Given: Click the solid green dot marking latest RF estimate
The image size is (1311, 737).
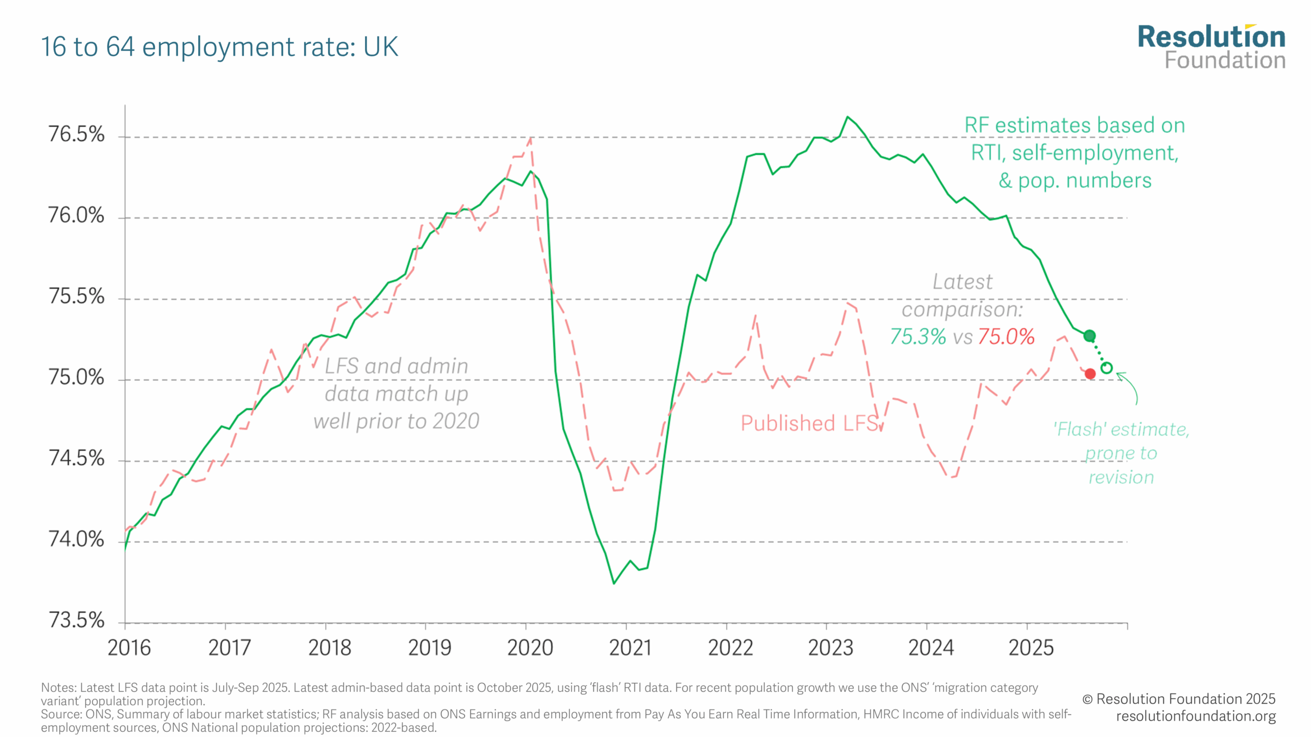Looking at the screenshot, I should (x=1089, y=336).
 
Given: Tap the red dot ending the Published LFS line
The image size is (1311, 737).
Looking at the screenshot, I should (x=1090, y=374).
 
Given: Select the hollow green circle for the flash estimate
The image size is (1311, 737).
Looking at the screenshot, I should (x=1106, y=368).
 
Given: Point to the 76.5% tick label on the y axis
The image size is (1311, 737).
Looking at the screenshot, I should (x=76, y=134).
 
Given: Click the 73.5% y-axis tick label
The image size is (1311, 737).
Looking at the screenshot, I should (x=76, y=620).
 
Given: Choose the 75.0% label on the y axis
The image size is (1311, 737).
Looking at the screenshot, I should (x=76, y=377).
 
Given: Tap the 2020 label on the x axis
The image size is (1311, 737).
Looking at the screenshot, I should (x=530, y=648).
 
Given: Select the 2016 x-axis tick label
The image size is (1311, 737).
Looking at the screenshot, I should (x=129, y=648).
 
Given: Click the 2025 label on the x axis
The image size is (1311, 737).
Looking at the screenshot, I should (x=1031, y=648).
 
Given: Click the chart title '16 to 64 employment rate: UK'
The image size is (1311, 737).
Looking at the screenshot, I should (x=219, y=47).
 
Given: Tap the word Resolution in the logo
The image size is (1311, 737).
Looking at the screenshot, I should (x=1211, y=37).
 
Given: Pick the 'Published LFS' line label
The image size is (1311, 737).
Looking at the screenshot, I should (x=810, y=423).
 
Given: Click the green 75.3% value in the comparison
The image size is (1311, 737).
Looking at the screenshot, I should (x=918, y=337).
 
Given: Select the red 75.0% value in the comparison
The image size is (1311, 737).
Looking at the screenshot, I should (x=1006, y=337).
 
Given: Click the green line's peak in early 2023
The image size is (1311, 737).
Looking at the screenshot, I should (x=848, y=117).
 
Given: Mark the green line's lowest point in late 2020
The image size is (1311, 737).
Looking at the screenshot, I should (x=614, y=583).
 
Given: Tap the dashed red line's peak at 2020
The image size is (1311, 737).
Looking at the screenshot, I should (x=531, y=138).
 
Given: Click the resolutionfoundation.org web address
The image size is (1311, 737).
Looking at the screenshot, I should (x=1196, y=716).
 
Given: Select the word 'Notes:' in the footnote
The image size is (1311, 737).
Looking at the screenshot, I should (x=58, y=687).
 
